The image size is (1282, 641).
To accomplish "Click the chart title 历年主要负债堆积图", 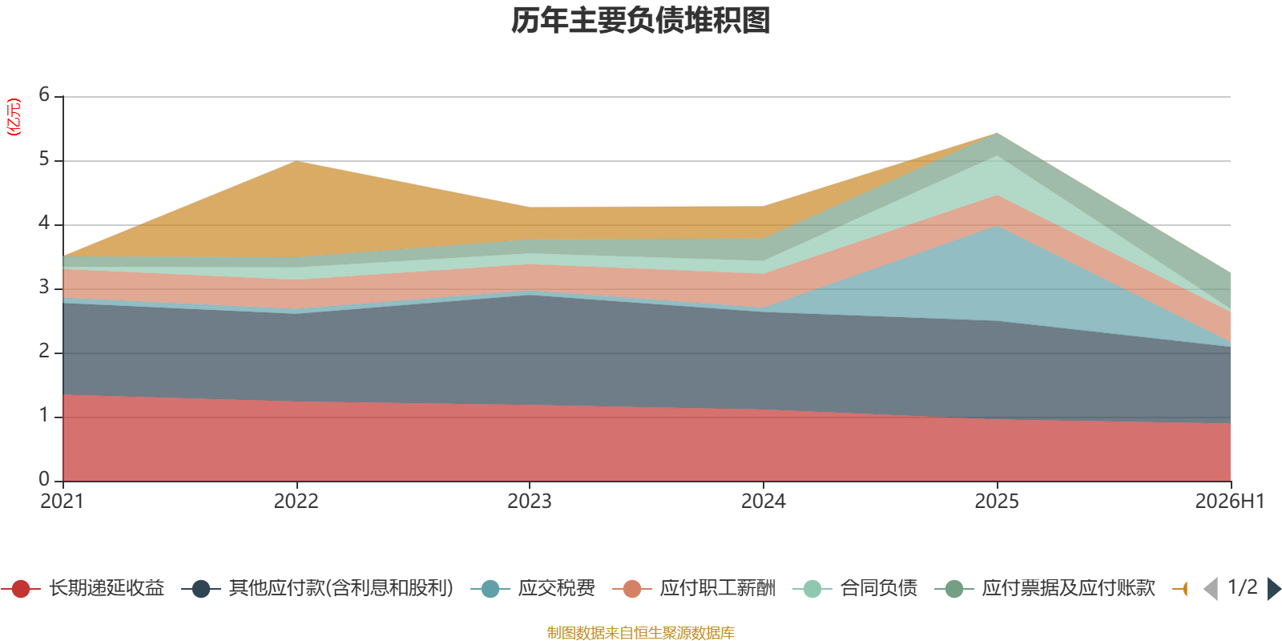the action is (x=640, y=21).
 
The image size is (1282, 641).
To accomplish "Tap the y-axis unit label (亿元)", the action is (x=13, y=117).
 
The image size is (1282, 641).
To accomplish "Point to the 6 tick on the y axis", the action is (x=44, y=95).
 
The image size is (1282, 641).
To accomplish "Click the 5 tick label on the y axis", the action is (x=44, y=159).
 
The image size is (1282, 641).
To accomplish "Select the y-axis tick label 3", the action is (x=44, y=287).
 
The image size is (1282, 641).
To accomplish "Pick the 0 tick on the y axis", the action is (x=44, y=479).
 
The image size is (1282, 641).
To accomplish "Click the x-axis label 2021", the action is (x=62, y=502).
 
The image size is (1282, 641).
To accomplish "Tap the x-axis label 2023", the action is (x=530, y=502).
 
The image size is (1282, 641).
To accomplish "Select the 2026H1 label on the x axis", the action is (x=1230, y=502).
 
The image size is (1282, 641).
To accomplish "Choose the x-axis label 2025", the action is (x=997, y=502).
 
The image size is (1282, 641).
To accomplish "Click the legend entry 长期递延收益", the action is (x=83, y=588).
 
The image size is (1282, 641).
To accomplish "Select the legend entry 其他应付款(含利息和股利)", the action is (x=317, y=588).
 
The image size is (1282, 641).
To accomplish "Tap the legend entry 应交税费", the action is (x=533, y=588).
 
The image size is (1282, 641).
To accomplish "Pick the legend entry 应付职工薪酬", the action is (x=694, y=588).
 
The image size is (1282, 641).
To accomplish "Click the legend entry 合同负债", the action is (x=855, y=588).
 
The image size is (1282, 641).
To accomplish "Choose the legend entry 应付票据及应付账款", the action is (x=1045, y=588).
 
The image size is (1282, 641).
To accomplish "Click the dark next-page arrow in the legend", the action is (x=1274, y=588).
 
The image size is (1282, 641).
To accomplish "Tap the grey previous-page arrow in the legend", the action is (x=1211, y=588).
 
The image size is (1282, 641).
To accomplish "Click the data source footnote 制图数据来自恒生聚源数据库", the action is (x=640, y=632).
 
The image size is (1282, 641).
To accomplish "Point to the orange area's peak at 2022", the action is (x=296, y=161).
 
